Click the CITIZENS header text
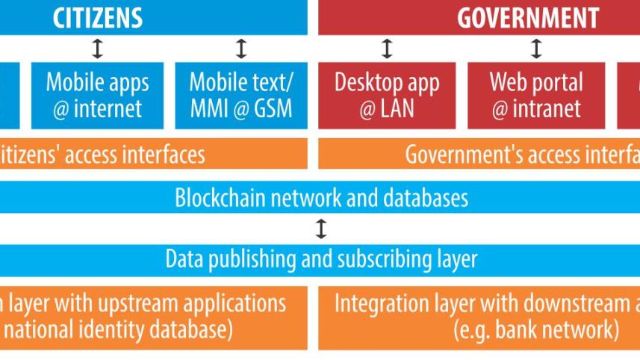(99, 17)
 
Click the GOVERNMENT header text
(528, 18)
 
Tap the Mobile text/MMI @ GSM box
(240, 96)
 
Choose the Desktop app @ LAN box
(387, 96)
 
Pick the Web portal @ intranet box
(536, 96)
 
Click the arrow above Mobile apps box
(98, 49)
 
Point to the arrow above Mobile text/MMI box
(240, 49)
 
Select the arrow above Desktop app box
(387, 49)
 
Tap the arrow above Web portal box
(536, 49)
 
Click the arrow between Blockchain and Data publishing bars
(321, 229)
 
